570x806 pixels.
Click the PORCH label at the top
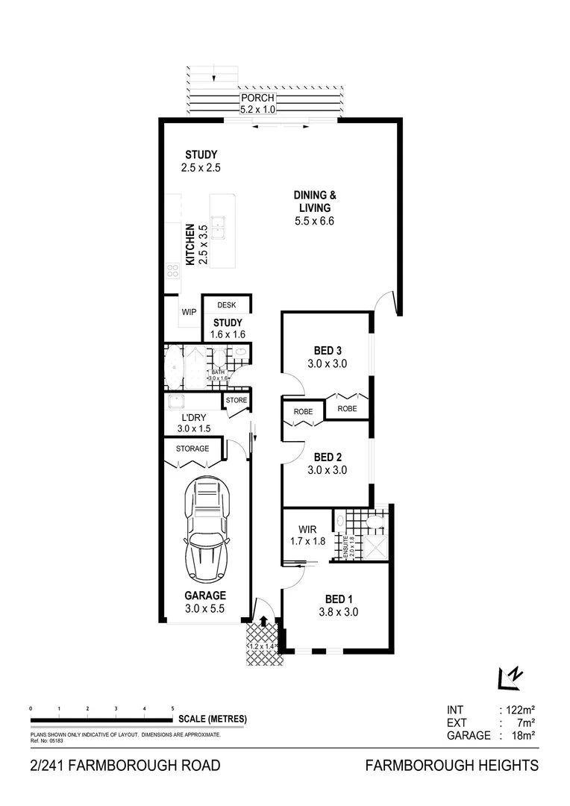pyautogui.click(x=257, y=99)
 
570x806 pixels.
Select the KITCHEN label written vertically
pyautogui.click(x=190, y=244)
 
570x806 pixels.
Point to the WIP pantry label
pyautogui.click(x=189, y=312)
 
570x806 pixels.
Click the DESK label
pyautogui.click(x=226, y=305)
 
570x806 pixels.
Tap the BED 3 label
pyautogui.click(x=328, y=352)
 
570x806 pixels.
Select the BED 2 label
pyautogui.click(x=328, y=457)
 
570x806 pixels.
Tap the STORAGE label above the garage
pyautogui.click(x=192, y=449)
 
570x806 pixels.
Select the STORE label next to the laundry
pyautogui.click(x=236, y=401)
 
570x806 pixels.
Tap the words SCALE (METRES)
pyautogui.click(x=213, y=719)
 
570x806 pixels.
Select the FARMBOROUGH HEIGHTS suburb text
pyautogui.click(x=451, y=765)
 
